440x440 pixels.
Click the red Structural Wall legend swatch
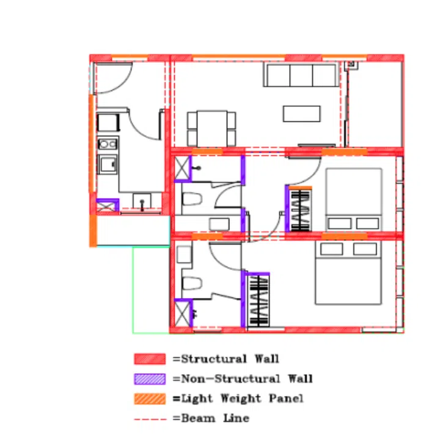pyautogui.click(x=150, y=359)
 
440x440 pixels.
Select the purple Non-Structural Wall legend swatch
pyautogui.click(x=150, y=379)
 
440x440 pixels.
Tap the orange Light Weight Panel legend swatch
pyautogui.click(x=150, y=398)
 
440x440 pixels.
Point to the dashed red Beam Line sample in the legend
pyautogui.click(x=150, y=419)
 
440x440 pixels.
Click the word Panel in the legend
pyautogui.click(x=286, y=398)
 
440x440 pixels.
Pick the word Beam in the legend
pyautogui.click(x=199, y=418)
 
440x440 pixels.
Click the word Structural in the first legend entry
pyautogui.click(x=214, y=359)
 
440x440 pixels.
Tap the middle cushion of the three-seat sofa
pyautogui.click(x=301, y=76)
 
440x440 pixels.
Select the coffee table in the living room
pyautogui.click(x=302, y=114)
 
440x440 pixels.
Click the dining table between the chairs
pyautogui.click(x=212, y=128)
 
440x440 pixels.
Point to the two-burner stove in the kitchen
pyautogui.click(x=108, y=144)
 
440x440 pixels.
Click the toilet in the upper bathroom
pyautogui.click(x=192, y=199)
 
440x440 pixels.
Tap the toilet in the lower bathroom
pyautogui.click(x=192, y=284)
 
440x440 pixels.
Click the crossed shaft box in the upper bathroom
pyautogui.click(x=182, y=168)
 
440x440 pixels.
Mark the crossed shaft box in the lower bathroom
pyautogui.click(x=182, y=313)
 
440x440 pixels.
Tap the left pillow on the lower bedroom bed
pyautogui.click(x=331, y=249)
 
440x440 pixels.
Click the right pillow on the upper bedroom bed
pyautogui.click(x=368, y=224)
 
